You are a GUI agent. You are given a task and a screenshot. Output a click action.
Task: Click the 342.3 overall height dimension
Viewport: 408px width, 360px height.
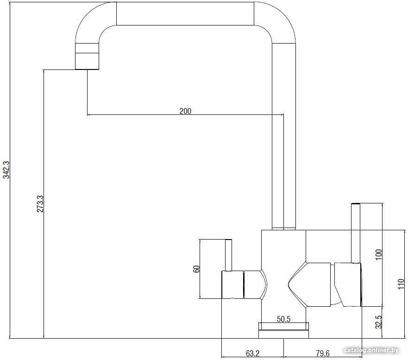(6, 170)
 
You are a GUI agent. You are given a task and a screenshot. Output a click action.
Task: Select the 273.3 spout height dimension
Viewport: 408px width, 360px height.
(40, 204)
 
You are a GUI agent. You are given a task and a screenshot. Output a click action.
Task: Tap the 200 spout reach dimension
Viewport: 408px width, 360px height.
(185, 111)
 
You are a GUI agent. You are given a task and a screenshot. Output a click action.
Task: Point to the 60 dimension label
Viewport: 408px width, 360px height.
(197, 269)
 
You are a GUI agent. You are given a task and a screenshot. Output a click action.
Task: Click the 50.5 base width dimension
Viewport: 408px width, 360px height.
(283, 319)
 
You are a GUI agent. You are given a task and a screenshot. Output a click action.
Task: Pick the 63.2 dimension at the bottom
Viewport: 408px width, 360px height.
(253, 353)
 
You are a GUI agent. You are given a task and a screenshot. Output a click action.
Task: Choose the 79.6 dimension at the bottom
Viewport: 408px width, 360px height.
(323, 353)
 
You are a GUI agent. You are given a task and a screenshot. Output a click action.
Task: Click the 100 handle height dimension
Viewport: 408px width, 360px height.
(379, 254)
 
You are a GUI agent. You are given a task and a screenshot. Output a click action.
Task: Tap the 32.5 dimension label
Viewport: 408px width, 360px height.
(379, 322)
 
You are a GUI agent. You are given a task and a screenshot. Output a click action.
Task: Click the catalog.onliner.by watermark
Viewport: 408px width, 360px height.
(371, 350)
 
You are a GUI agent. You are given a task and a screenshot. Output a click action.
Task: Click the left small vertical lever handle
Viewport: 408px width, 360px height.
(228, 255)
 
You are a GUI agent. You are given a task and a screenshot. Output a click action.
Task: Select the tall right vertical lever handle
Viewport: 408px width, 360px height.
(356, 233)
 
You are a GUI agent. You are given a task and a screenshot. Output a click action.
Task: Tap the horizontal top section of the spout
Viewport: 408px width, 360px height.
(185, 13)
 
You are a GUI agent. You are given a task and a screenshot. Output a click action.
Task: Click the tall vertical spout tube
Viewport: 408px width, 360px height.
(283, 136)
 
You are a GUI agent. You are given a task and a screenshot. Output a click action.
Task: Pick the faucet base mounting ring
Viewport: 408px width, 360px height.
(283, 330)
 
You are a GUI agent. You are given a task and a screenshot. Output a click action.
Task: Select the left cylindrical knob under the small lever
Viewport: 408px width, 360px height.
(232, 284)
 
